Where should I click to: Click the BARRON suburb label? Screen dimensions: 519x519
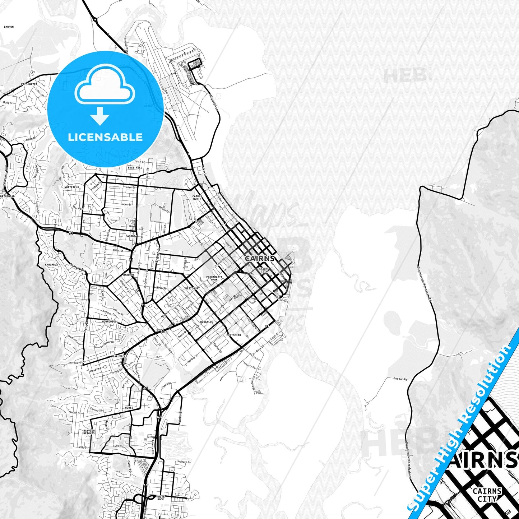tap(9, 27)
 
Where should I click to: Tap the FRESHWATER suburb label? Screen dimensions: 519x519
tap(29, 84)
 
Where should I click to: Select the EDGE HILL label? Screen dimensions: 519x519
tap(135, 167)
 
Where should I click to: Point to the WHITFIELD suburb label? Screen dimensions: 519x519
tap(72, 187)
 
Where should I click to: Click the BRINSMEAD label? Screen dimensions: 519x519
tap(8, 196)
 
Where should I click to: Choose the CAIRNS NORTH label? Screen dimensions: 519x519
tap(197, 198)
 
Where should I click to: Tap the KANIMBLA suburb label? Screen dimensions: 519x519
tap(51, 265)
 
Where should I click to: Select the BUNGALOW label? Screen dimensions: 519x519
tap(207, 322)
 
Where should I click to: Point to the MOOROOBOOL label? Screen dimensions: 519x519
tap(110, 321)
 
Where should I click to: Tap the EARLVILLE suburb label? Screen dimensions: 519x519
tap(120, 356)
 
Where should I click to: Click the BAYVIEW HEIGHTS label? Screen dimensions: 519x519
tap(89, 432)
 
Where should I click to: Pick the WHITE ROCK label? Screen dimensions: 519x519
tap(161, 498)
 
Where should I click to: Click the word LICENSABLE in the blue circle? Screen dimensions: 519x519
tap(105, 137)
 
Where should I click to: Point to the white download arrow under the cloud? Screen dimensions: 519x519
tap(100, 116)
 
